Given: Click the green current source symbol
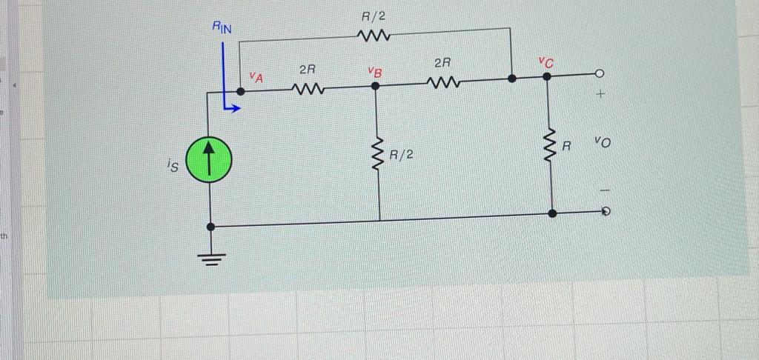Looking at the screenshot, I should pyautogui.click(x=210, y=161).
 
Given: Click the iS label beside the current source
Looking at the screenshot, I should pyautogui.click(x=172, y=167).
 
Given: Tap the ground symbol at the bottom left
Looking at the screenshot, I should pyautogui.click(x=211, y=259).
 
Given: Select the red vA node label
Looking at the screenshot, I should pyautogui.click(x=255, y=76).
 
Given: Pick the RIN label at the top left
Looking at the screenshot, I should pyautogui.click(x=222, y=27).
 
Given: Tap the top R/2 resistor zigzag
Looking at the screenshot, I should pyautogui.click(x=374, y=36).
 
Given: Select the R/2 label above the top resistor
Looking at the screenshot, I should pyautogui.click(x=374, y=16).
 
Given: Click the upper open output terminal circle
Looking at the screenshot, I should pyautogui.click(x=600, y=74).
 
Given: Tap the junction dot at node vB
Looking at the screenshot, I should pyautogui.click(x=376, y=86).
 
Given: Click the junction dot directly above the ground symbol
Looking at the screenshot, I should pyautogui.click(x=211, y=227).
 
